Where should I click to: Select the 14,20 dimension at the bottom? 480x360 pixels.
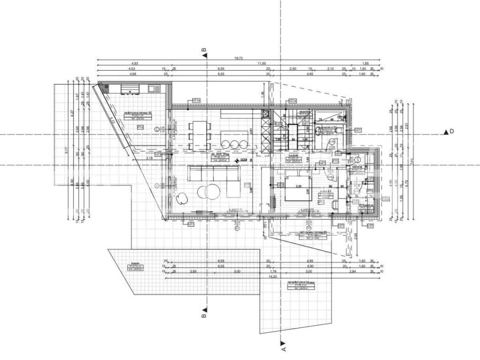[x=271, y=276]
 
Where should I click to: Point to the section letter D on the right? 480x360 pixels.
[x=452, y=132]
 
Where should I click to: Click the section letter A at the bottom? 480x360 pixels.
[x=283, y=348]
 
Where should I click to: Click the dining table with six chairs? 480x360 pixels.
[x=199, y=135]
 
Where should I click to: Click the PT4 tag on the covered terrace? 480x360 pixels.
[x=140, y=127]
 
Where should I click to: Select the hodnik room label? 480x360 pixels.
[x=294, y=156]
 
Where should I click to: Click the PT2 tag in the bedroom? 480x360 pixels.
[x=322, y=202]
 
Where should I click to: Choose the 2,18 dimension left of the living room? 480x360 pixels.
[x=149, y=158]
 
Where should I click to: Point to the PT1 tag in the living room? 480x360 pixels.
[x=247, y=185]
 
